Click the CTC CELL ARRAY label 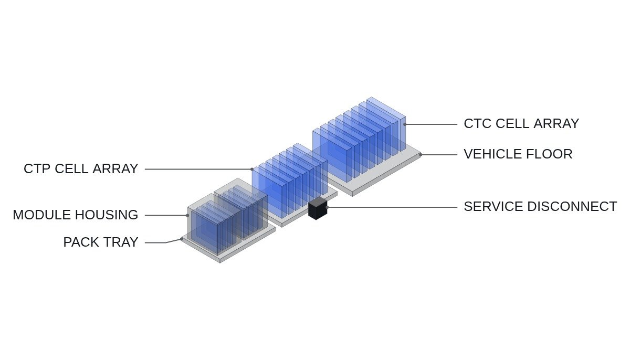(521, 124)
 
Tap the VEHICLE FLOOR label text (518, 154)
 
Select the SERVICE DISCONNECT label (540, 207)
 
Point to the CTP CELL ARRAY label (81, 168)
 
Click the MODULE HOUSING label (76, 215)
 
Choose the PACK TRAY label (101, 242)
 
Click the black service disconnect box (318, 208)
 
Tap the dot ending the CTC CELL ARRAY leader (405, 124)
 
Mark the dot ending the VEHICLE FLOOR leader (421, 155)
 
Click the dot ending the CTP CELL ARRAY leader (252, 169)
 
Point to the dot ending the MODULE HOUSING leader (187, 216)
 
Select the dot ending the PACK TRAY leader (182, 239)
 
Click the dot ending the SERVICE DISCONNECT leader (327, 207)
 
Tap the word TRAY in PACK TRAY (121, 242)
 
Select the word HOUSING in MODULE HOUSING (107, 215)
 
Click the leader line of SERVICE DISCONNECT (392, 207)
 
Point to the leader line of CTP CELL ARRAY (198, 169)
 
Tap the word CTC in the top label (477, 124)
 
